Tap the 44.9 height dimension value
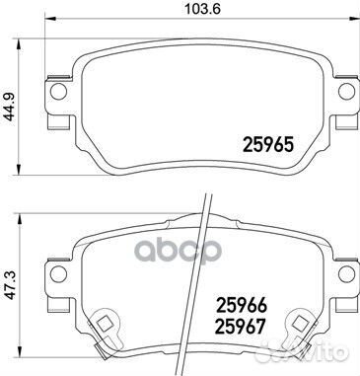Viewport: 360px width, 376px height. click(10, 98)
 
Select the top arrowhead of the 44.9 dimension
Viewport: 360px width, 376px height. click(22, 42)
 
